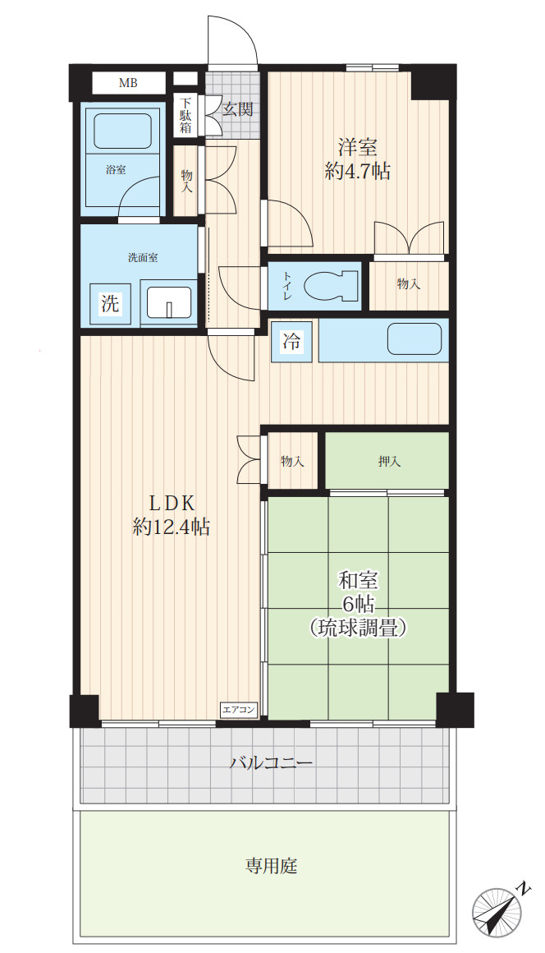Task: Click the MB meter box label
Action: pos(128,83)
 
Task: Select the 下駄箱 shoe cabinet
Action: pos(186,116)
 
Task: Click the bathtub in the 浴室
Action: pos(122,130)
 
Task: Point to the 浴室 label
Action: pos(116,171)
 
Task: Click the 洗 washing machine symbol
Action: pos(109,303)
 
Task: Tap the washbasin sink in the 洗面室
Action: pos(168,303)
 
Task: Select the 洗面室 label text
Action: pos(142,257)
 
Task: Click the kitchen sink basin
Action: pos(414,338)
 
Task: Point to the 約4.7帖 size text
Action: pos(357,172)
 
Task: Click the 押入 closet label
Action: pos(389,462)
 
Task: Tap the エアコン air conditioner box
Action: pos(240,709)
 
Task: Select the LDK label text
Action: pos(171,503)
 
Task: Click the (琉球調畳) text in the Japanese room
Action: pos(358,628)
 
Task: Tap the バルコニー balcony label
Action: pos(271,763)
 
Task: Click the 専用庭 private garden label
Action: pos(271,865)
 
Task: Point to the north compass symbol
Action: pos(498,912)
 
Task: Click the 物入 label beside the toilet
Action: pos(408,284)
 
